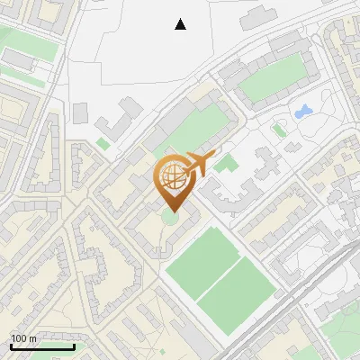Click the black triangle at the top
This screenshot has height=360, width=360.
pyautogui.click(x=181, y=24)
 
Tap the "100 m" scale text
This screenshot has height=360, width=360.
pyautogui.click(x=23, y=338)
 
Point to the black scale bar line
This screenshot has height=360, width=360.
pyautogui.click(x=41, y=346)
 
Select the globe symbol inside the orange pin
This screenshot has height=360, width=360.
pyautogui.click(x=172, y=175)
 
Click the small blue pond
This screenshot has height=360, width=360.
pyautogui.click(x=302, y=112)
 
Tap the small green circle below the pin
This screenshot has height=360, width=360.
pyautogui.click(x=170, y=218)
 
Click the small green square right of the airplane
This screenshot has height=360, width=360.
pyautogui.click(x=223, y=165)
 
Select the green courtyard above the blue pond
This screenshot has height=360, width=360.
pyautogui.click(x=272, y=81)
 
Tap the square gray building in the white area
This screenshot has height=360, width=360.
pyautogui.click(x=81, y=113)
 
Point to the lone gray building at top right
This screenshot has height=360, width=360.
pyautogui.click(x=259, y=15)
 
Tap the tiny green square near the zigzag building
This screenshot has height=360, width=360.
pyautogui.click(x=103, y=143)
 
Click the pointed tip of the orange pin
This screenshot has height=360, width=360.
pyautogui.click(x=172, y=211)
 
